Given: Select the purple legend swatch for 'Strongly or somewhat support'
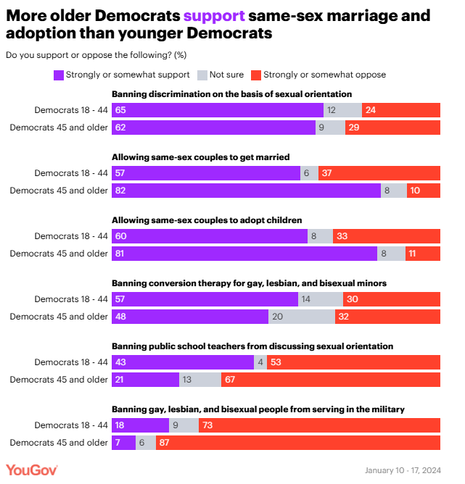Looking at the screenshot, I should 59,75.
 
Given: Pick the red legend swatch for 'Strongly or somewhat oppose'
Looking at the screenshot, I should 255,75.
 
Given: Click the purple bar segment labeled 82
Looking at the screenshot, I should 246,191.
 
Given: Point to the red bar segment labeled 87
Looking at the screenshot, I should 298,443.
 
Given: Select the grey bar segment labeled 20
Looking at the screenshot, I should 302,317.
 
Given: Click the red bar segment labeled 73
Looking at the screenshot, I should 319,425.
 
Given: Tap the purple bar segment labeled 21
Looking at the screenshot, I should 145,380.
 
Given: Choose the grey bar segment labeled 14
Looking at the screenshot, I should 321,299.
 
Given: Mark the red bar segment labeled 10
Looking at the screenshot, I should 424,191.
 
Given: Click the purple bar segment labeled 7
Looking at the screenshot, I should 123,443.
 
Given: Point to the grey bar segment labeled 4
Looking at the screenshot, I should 260,362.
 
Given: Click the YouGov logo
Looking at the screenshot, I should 32,470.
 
